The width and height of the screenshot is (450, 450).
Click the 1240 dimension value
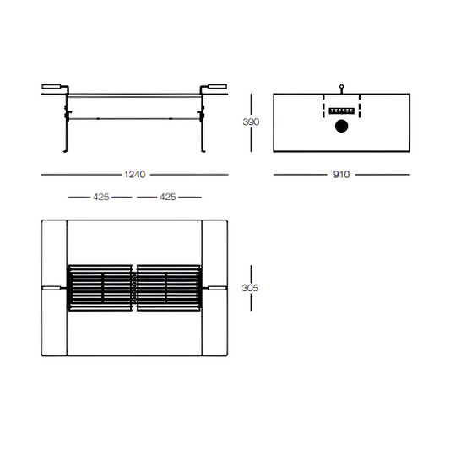click(135, 174)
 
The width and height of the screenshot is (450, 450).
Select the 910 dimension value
click(341, 174)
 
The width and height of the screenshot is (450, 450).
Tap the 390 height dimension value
click(251, 122)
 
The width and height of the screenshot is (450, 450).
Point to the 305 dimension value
click(250, 288)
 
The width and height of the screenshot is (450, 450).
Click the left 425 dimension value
click(101, 197)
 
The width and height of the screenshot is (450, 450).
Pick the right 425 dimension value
click(168, 197)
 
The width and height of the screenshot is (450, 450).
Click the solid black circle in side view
click(342, 126)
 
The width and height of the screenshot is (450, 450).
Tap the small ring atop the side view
click(342, 86)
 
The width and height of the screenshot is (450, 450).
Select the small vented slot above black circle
click(342, 111)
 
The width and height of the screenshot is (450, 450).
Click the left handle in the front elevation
click(52, 86)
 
